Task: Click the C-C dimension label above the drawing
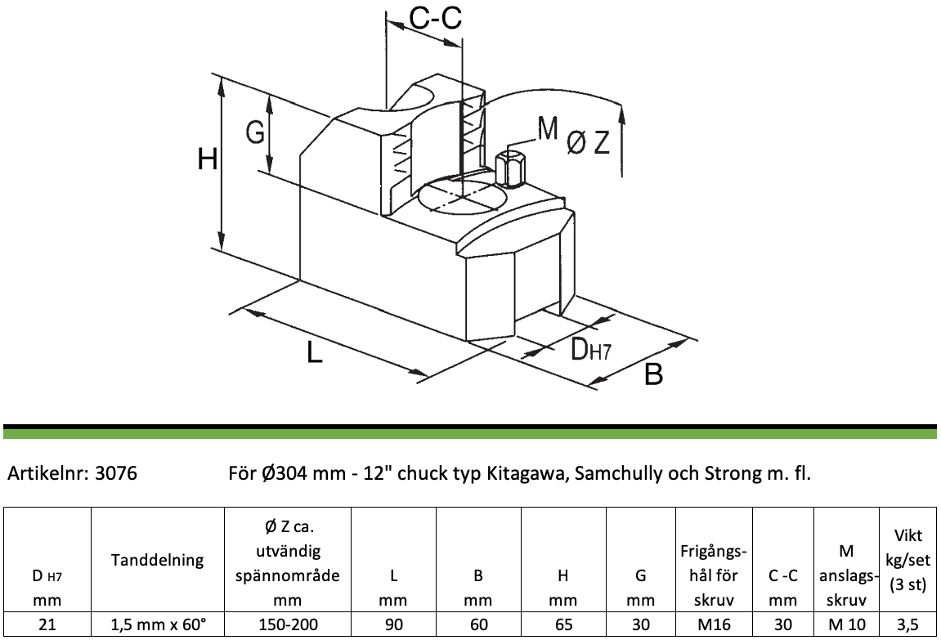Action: pyautogui.click(x=435, y=18)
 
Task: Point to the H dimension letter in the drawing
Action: pyautogui.click(x=208, y=160)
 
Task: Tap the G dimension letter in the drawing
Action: pyautogui.click(x=255, y=132)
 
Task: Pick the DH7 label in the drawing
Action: pyautogui.click(x=590, y=349)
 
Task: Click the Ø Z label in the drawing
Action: pyautogui.click(x=588, y=143)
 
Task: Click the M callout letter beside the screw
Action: pyautogui.click(x=547, y=128)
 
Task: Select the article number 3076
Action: pyautogui.click(x=116, y=473)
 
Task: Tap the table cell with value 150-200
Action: pyautogui.click(x=288, y=624)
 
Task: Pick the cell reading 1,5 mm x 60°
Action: pyautogui.click(x=158, y=624)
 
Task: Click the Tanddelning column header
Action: pyautogui.click(x=158, y=560)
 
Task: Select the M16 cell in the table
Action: pyautogui.click(x=715, y=624)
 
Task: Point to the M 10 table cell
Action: pyautogui.click(x=847, y=624)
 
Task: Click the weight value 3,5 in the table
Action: pyautogui.click(x=908, y=624)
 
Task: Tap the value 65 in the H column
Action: pyautogui.click(x=563, y=624)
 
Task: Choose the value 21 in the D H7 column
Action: pyautogui.click(x=47, y=624)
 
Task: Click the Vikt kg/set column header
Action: pyautogui.click(x=908, y=560)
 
